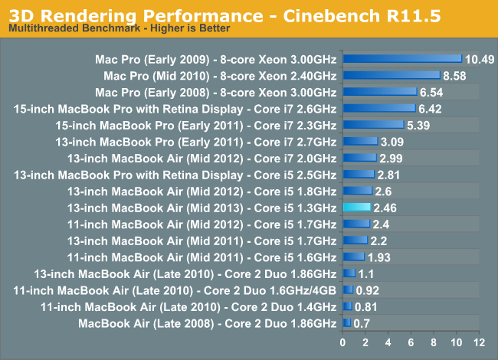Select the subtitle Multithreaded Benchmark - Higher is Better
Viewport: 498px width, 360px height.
[x=118, y=28]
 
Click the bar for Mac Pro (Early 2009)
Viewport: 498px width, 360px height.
[x=402, y=58]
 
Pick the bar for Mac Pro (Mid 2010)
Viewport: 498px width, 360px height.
[x=392, y=75]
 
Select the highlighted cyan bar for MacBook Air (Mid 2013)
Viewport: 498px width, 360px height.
[x=357, y=207]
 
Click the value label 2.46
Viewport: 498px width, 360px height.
[x=386, y=208]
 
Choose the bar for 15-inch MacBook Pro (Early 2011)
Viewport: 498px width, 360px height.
[x=373, y=124]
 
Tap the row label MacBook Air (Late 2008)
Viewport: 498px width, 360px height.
[x=207, y=323]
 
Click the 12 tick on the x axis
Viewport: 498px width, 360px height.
[x=480, y=340]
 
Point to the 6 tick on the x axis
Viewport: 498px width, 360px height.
[x=411, y=340]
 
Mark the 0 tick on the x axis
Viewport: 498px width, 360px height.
[x=343, y=340]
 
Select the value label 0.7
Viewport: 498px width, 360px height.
[x=362, y=323]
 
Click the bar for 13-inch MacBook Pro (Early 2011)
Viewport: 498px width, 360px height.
[x=360, y=141]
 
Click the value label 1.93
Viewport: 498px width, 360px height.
[x=380, y=257]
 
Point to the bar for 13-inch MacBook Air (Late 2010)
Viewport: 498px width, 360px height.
[x=349, y=273]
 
